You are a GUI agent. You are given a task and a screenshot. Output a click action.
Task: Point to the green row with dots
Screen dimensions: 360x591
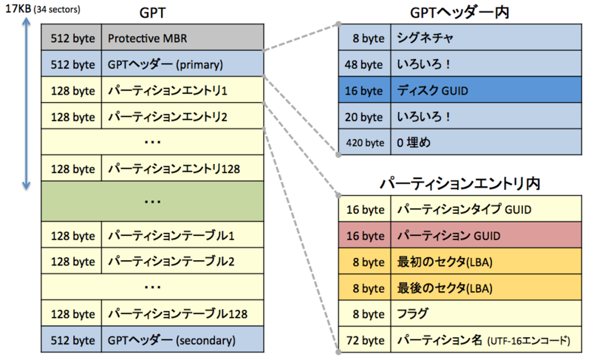pos(153,201)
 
